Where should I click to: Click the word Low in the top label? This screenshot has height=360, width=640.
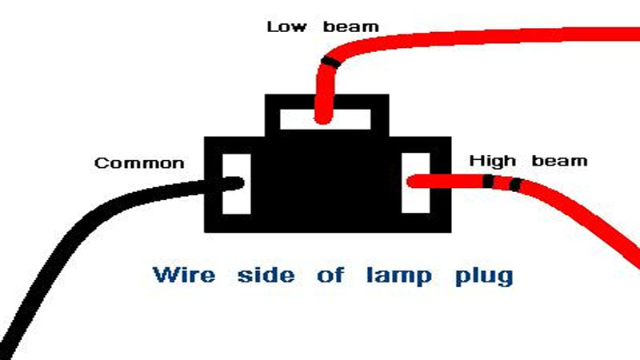pos(286,27)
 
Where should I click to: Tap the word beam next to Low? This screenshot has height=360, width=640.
pos(351,27)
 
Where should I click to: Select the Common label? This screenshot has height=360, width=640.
pos(139,163)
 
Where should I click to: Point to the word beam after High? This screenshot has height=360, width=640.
pos(559,161)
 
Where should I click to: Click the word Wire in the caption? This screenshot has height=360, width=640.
pos(184,274)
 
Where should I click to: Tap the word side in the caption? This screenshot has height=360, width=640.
pos(266,274)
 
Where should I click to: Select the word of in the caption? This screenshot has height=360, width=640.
pos(330,274)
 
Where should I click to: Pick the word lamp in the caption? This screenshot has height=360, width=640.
pos(398,275)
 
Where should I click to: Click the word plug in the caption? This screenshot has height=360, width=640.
pos(484,276)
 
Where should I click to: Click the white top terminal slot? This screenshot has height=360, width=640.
pos(326,119)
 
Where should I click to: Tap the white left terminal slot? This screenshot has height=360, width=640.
pos(236,184)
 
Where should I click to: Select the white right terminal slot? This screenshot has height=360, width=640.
pos(415,183)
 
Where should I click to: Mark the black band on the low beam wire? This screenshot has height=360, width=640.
pos(330,62)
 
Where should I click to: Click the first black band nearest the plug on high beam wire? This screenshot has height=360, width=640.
pos(488,182)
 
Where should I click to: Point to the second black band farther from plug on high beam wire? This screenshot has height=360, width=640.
pos(515,185)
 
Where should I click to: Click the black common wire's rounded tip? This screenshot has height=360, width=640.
pos(240,183)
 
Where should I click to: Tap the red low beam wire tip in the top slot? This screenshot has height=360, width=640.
pos(324,118)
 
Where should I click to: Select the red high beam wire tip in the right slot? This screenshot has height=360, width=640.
pos(412,182)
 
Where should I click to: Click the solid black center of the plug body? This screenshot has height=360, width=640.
pos(326,184)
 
